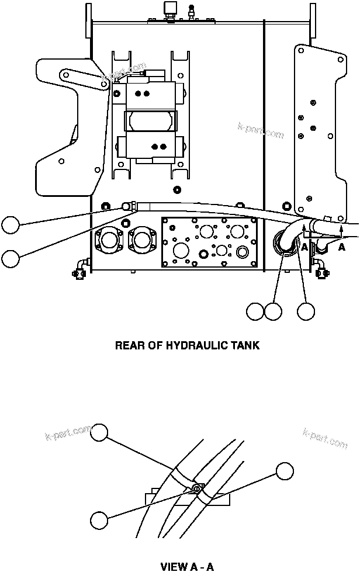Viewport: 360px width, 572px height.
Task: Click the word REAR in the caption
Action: (129, 345)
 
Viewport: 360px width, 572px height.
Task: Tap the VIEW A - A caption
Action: (187, 566)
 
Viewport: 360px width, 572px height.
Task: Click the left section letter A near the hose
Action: (304, 247)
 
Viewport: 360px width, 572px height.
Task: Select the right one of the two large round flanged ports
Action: (141, 240)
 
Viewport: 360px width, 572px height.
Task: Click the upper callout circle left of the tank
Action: (10, 226)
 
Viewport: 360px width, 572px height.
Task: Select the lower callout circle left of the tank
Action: (10, 259)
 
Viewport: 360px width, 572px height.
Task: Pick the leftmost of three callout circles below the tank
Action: (255, 311)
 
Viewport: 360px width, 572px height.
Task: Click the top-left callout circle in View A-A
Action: (101, 432)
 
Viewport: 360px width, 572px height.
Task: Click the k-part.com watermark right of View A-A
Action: (326, 439)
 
